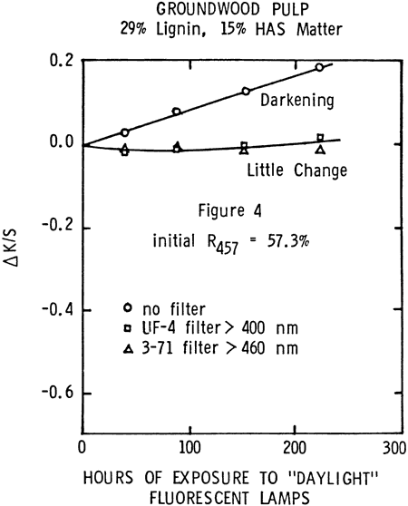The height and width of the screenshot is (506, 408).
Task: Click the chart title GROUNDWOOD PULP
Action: pyautogui.click(x=232, y=9)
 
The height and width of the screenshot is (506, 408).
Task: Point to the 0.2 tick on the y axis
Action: pyautogui.click(x=62, y=61)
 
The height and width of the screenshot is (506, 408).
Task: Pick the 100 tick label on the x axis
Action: pyautogui.click(x=189, y=448)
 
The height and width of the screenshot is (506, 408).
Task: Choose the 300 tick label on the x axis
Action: pyautogui.click(x=394, y=448)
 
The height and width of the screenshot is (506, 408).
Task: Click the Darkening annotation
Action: pyautogui.click(x=297, y=101)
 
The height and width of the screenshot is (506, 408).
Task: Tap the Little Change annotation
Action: pyautogui.click(x=297, y=170)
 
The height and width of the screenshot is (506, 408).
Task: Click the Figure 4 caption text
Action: pyautogui.click(x=229, y=210)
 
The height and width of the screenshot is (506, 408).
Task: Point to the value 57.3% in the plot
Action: pyautogui.click(x=288, y=241)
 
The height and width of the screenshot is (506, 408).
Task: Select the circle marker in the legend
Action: pyautogui.click(x=128, y=307)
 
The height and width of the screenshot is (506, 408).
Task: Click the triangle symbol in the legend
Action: pyautogui.click(x=129, y=348)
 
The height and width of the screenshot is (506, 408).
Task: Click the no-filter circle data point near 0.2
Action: pyautogui.click(x=319, y=67)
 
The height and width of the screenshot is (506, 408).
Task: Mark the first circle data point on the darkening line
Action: pyautogui.click(x=125, y=132)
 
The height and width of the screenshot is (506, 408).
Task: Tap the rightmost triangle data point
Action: pyautogui.click(x=320, y=150)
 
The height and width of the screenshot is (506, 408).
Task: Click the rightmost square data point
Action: pyautogui.click(x=320, y=138)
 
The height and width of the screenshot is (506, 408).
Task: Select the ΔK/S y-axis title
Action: pyautogui.click(x=13, y=248)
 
